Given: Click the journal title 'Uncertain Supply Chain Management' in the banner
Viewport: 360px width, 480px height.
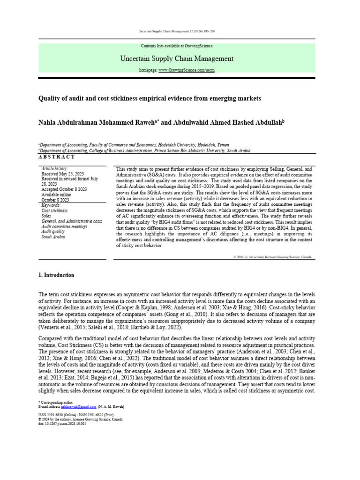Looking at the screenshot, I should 177,59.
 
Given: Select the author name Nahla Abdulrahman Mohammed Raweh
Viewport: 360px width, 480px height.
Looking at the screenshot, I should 97,122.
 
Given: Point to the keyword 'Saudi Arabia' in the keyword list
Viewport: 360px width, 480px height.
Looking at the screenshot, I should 53,237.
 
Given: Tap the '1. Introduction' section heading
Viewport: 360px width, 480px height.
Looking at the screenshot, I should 56,275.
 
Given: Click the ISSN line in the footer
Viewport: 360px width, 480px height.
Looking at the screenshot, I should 75,415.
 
